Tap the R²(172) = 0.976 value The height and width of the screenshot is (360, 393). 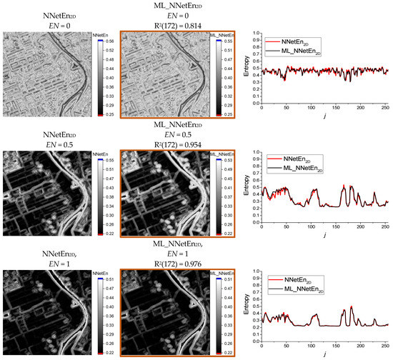(x=176, y=264)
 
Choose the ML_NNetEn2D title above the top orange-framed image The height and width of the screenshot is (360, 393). (x=176, y=6)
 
